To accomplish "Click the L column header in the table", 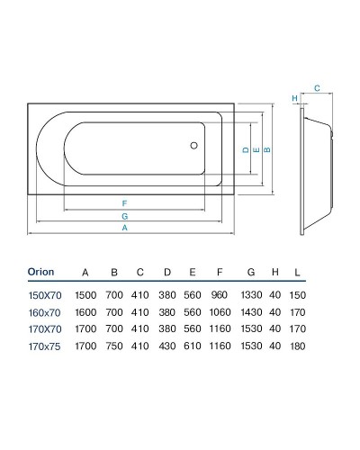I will (x=298, y=272).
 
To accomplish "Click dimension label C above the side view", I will (x=317, y=88).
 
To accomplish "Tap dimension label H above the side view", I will (x=294, y=98).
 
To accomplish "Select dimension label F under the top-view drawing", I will (x=125, y=202).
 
